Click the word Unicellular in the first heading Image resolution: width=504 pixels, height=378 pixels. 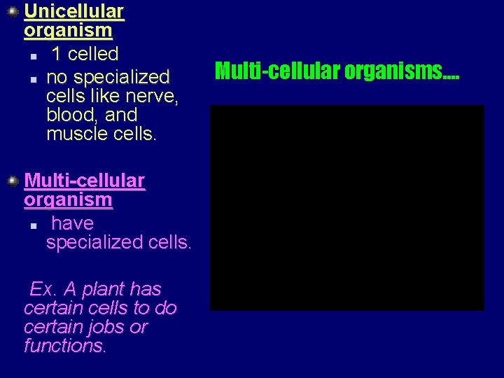click(x=73, y=12)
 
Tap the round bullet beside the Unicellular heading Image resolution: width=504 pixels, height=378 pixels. click(x=12, y=12)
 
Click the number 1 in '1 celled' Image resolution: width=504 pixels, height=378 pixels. click(x=57, y=54)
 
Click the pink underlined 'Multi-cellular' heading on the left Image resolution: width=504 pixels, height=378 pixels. click(x=85, y=181)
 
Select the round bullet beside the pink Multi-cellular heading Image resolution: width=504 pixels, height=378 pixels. click(x=12, y=181)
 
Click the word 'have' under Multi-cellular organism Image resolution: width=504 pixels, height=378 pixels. click(x=72, y=223)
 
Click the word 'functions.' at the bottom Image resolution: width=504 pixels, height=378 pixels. click(x=65, y=346)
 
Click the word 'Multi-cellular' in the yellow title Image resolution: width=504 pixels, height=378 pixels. click(x=277, y=71)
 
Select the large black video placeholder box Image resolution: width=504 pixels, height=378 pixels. click(x=346, y=208)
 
